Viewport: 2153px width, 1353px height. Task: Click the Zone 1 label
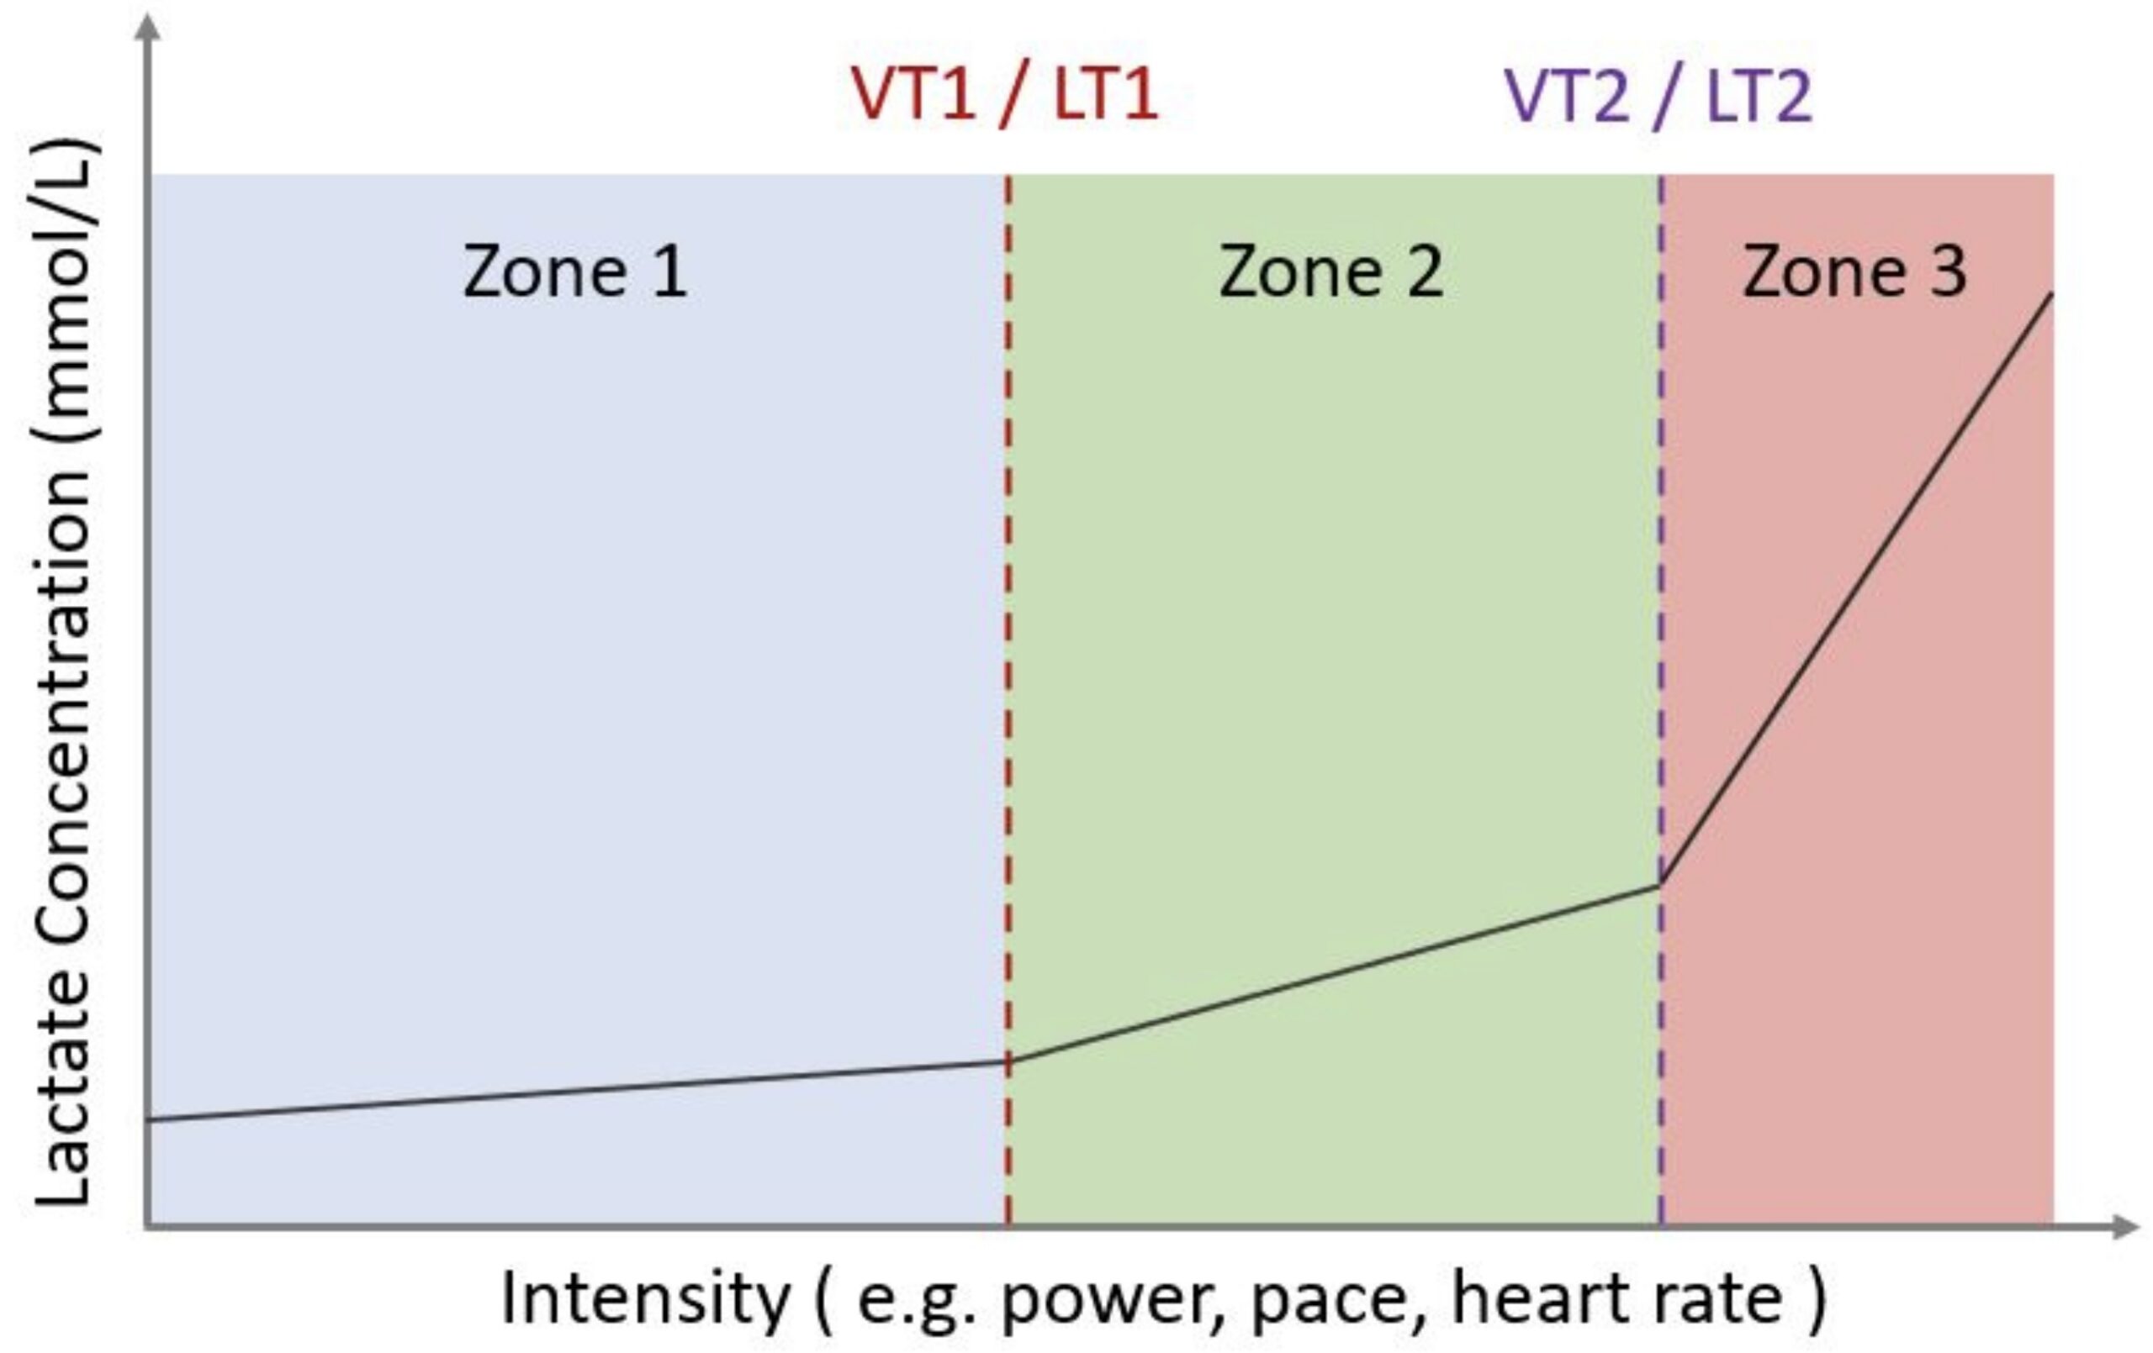click(x=575, y=271)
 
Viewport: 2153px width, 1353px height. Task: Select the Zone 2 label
click(x=1330, y=271)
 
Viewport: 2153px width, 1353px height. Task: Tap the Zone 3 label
click(x=1854, y=271)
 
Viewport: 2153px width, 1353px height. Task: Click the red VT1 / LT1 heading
click(x=1004, y=95)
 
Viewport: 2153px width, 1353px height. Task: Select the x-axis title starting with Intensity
click(x=1162, y=1298)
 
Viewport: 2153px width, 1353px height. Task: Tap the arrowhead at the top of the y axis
click(x=150, y=27)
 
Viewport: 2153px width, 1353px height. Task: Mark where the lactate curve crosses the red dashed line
click(x=1008, y=1061)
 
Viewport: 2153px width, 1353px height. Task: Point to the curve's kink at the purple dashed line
click(x=1660, y=885)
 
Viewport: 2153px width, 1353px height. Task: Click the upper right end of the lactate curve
click(x=2051, y=294)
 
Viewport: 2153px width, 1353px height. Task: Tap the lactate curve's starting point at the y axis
click(x=150, y=1119)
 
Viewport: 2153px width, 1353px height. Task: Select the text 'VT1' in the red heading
click(x=912, y=95)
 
